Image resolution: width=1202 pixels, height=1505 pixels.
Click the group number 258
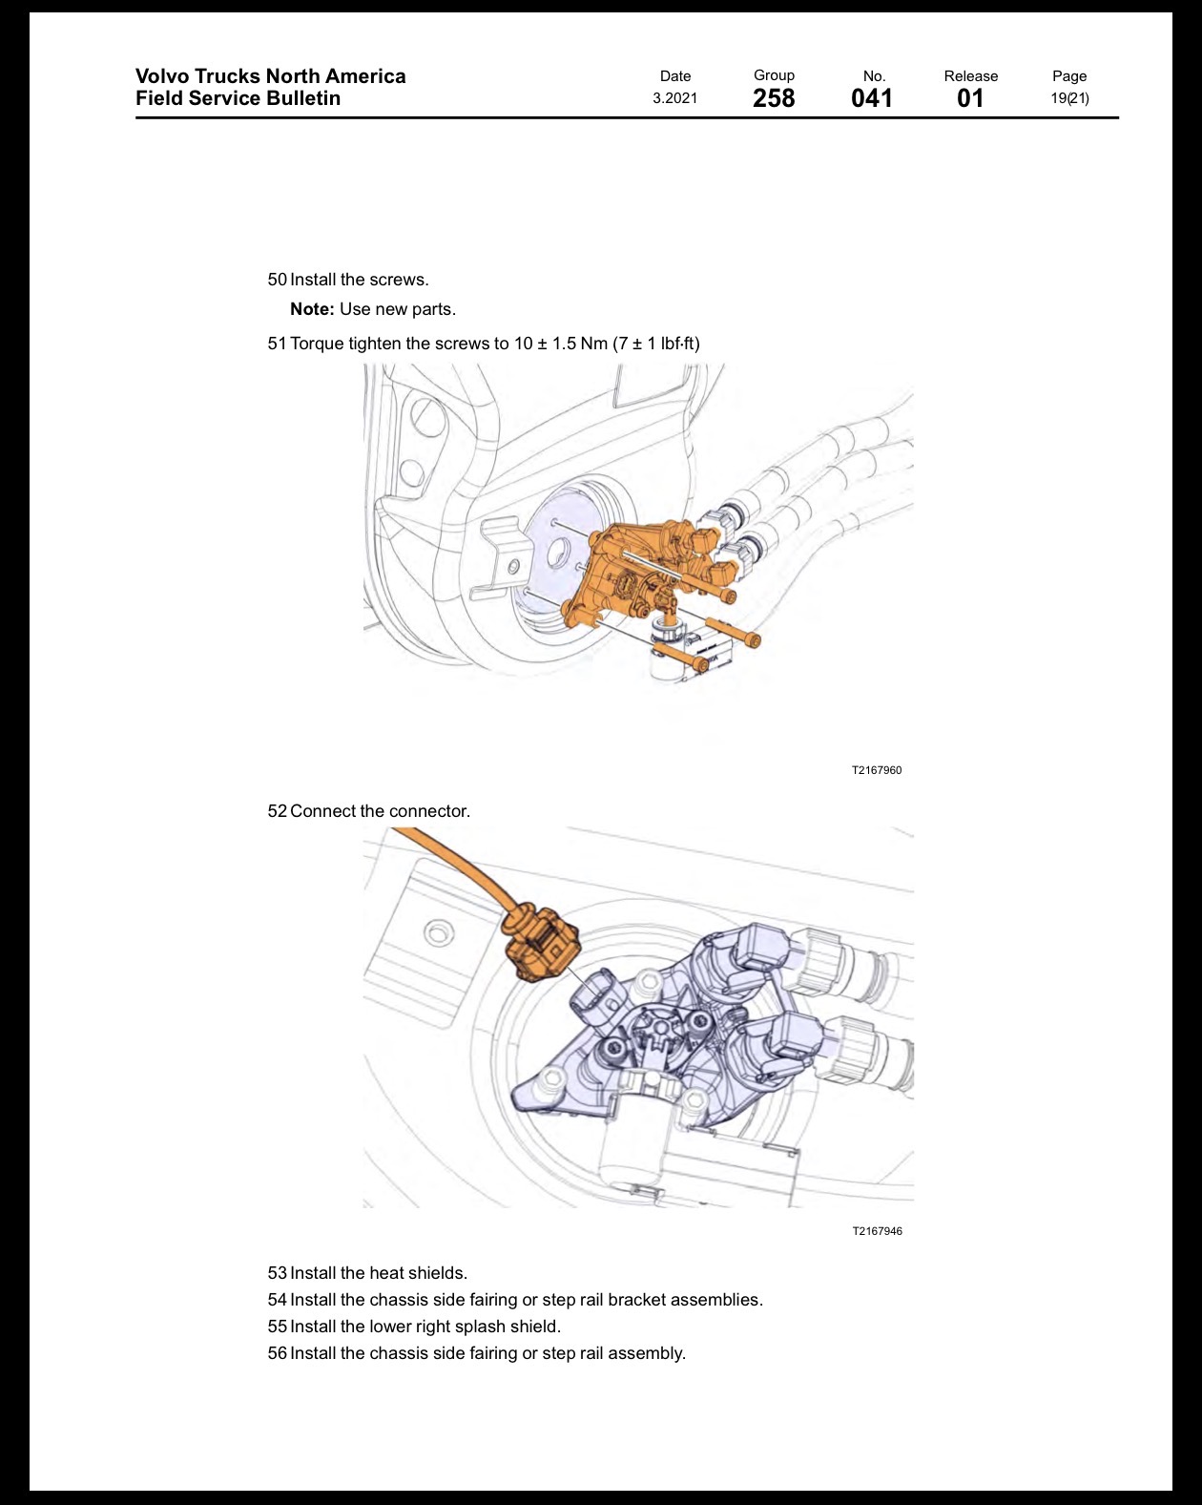coord(774,98)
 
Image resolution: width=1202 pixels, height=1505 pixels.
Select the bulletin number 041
coord(872,98)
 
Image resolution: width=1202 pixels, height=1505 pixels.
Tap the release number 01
coord(970,98)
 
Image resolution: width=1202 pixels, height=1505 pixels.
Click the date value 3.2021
coord(674,98)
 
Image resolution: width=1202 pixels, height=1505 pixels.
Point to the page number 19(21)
coord(1069,98)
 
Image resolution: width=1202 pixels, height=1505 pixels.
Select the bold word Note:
coord(313,309)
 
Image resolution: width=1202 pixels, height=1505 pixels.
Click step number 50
coord(277,280)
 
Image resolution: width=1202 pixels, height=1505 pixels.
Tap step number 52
coord(277,811)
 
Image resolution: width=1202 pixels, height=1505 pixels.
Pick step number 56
coord(277,1353)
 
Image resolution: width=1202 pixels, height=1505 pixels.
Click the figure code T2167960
coord(876,770)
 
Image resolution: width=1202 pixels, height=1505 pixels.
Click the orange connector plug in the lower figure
coord(542,944)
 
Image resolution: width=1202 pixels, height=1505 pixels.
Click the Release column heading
coord(970,75)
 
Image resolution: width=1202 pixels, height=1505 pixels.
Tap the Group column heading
coord(774,75)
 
